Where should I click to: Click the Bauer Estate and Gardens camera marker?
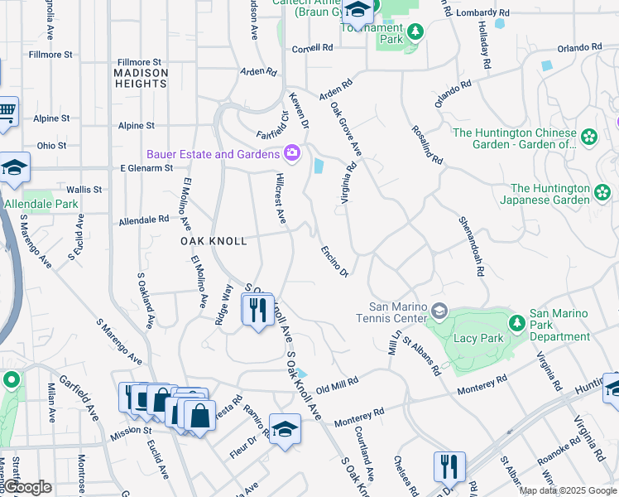coord(291,153)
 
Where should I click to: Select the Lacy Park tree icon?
coord(516,321)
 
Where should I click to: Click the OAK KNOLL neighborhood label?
coord(214,241)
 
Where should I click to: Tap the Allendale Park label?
coord(41,204)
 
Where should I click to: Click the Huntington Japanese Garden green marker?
coord(603,194)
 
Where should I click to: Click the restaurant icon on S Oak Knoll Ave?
coord(257,310)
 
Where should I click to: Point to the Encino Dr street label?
coord(334,260)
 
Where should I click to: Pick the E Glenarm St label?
coord(146,167)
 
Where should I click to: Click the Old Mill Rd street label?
coord(337,384)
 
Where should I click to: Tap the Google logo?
coord(29,488)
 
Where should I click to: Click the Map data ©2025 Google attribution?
coord(568,490)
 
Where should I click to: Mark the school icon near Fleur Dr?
coord(285,429)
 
